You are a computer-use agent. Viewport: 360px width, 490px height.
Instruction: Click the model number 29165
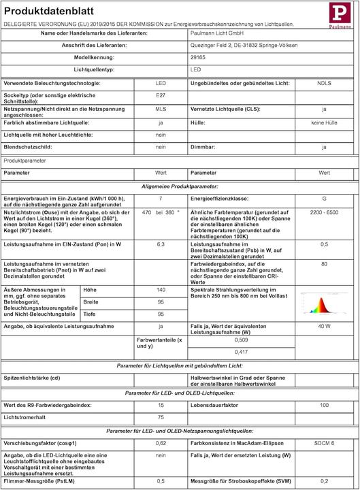point(198,57)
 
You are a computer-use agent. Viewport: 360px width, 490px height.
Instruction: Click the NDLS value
point(324,82)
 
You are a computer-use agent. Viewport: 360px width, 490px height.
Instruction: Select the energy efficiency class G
point(324,198)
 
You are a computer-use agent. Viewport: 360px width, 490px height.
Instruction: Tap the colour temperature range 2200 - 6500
point(324,212)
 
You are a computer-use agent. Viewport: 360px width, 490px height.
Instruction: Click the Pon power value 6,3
point(161,243)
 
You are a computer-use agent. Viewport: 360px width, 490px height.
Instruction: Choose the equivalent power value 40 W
point(324,327)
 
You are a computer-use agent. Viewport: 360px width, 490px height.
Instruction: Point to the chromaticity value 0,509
point(241,339)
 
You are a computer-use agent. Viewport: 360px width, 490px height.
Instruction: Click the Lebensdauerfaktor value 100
point(324,405)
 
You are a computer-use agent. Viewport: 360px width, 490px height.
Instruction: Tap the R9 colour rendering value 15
point(161,405)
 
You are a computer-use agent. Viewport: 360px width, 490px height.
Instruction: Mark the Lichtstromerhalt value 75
point(161,417)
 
